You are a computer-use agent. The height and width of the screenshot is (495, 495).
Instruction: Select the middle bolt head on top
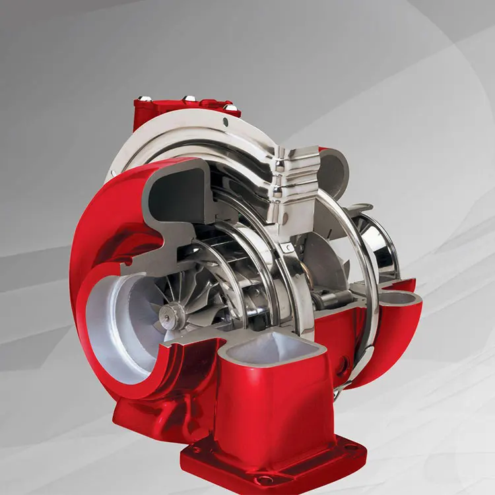tap(189, 98)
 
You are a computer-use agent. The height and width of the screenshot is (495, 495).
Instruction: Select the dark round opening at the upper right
tap(333, 173)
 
